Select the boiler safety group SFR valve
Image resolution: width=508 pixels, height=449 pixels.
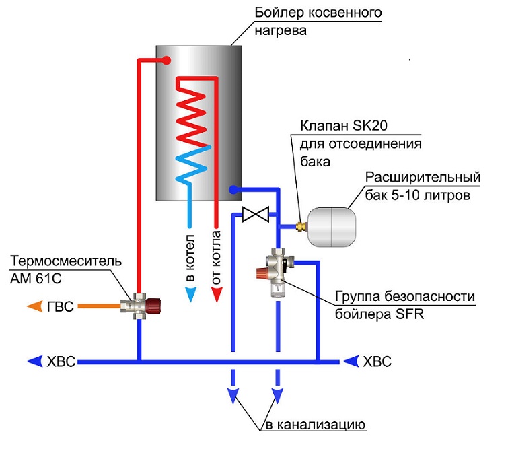(x=277, y=270)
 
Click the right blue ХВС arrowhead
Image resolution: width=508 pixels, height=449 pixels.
(x=350, y=361)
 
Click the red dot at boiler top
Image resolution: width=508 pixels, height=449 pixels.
(x=164, y=61)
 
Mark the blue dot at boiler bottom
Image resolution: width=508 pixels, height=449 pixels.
(x=233, y=190)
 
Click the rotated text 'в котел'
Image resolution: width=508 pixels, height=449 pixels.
(x=190, y=259)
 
